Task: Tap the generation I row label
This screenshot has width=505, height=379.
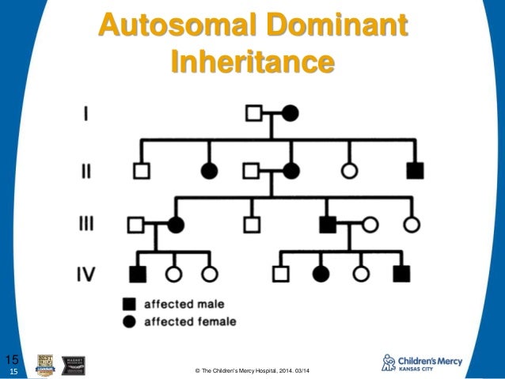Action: (85, 113)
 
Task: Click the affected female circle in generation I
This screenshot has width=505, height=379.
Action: (290, 113)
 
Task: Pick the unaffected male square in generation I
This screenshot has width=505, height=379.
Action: (254, 113)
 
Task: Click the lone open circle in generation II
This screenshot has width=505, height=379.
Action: (349, 169)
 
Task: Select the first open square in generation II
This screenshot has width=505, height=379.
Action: (141, 169)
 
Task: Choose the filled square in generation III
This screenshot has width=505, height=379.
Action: (326, 225)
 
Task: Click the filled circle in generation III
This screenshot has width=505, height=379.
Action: (175, 225)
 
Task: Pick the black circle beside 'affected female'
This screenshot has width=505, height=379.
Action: (127, 321)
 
